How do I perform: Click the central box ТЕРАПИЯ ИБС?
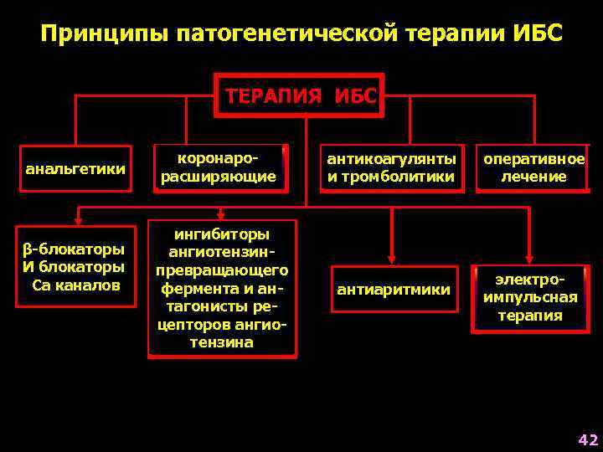(301, 95)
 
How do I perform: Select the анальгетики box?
(75, 169)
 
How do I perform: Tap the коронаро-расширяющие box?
(219, 167)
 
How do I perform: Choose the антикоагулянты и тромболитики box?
(391, 167)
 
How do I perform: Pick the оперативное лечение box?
(533, 167)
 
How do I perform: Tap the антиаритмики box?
(394, 290)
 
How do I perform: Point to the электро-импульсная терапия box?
(530, 296)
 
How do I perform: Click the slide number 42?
(589, 439)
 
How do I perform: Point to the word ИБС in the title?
(539, 34)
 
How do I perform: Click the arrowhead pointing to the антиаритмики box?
(391, 258)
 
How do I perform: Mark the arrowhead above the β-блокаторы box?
(77, 221)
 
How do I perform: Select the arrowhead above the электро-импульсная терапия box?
(530, 258)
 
